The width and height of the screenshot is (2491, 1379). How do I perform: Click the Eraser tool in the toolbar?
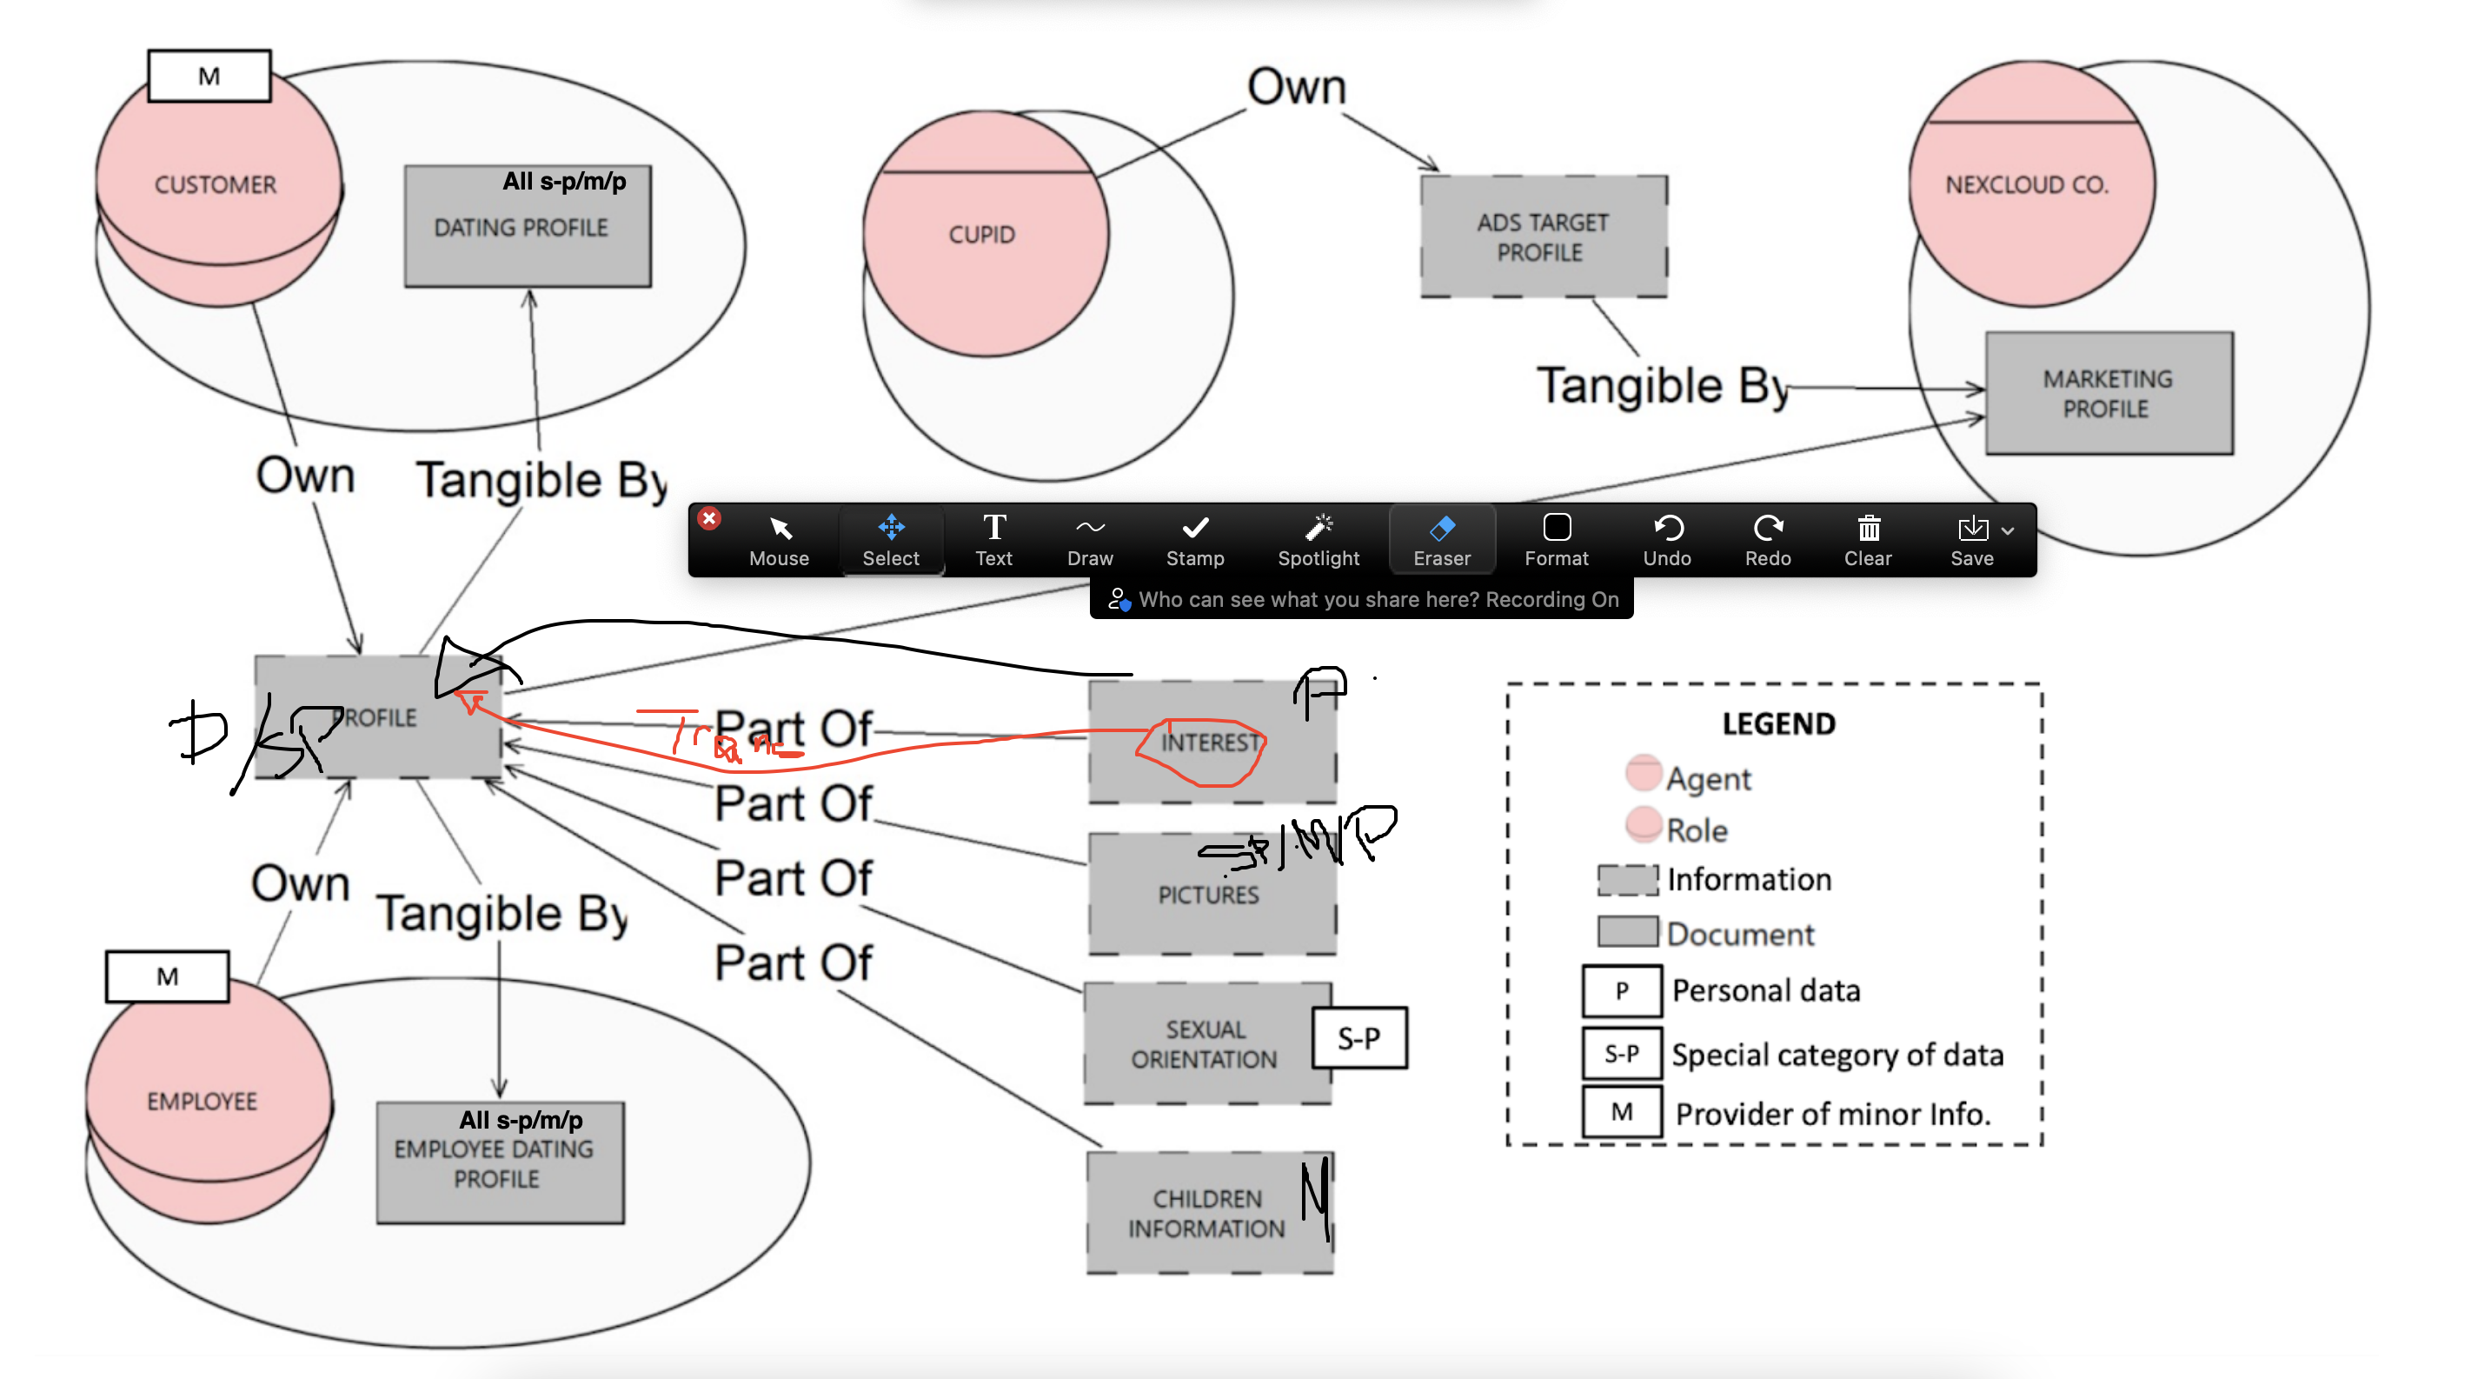tap(1441, 540)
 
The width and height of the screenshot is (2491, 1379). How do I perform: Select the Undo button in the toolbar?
tap(1667, 540)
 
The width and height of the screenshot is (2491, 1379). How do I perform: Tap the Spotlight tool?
tap(1318, 540)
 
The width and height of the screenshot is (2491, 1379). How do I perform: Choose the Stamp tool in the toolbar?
tap(1195, 540)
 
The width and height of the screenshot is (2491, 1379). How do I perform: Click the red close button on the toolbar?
tap(709, 519)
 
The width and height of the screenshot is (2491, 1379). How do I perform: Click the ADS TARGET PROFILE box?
tap(1543, 236)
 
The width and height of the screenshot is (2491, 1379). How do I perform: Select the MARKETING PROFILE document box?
tap(2108, 394)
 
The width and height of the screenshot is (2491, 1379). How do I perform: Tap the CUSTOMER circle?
tap(216, 183)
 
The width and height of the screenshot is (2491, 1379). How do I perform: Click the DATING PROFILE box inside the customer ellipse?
tap(527, 227)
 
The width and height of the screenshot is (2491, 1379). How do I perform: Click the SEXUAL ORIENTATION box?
tap(1204, 1043)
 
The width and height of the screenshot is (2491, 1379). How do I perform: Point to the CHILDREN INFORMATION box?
tap(1206, 1213)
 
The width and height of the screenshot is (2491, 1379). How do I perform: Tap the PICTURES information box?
tap(1209, 895)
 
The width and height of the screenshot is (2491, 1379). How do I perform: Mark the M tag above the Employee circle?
tap(167, 976)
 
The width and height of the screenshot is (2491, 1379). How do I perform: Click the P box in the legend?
tap(1622, 991)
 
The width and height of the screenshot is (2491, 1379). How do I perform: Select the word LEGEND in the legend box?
tap(1777, 724)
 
